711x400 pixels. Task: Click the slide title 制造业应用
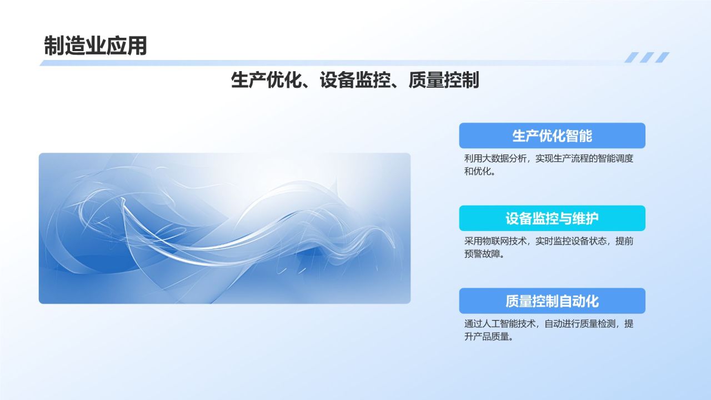tap(95, 46)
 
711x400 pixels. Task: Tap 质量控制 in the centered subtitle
tap(443, 81)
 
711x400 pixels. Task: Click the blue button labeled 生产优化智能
tap(552, 136)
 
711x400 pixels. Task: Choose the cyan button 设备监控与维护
tap(552, 218)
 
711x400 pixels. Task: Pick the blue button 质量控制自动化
tap(552, 301)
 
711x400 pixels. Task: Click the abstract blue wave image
tap(224, 228)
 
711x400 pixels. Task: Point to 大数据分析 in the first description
tap(502, 159)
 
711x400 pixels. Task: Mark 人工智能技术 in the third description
tap(507, 324)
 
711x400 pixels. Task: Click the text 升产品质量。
tap(488, 337)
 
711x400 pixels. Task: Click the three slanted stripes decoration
tap(647, 57)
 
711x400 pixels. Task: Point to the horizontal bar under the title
tap(333, 63)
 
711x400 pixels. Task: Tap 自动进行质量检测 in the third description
tap(580, 324)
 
